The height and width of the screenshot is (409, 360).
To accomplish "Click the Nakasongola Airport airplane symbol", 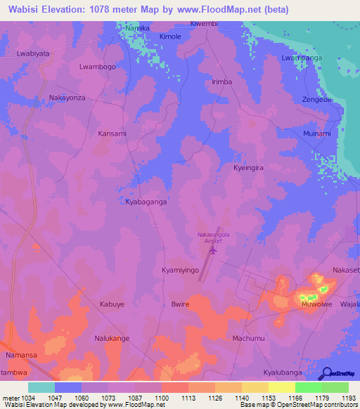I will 214,249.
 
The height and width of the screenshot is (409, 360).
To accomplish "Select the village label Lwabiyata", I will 33,53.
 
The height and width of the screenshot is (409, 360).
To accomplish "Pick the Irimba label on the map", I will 222,82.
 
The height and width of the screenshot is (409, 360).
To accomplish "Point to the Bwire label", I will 181,305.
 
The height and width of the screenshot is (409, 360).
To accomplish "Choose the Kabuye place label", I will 112,305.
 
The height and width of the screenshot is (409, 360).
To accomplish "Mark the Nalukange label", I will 112,339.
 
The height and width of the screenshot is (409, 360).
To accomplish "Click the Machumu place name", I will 248,339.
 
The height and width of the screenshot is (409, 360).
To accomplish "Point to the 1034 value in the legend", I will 28,398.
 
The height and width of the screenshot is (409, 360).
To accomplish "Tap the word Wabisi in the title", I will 27,11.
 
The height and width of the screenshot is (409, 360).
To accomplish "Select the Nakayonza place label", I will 67,98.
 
